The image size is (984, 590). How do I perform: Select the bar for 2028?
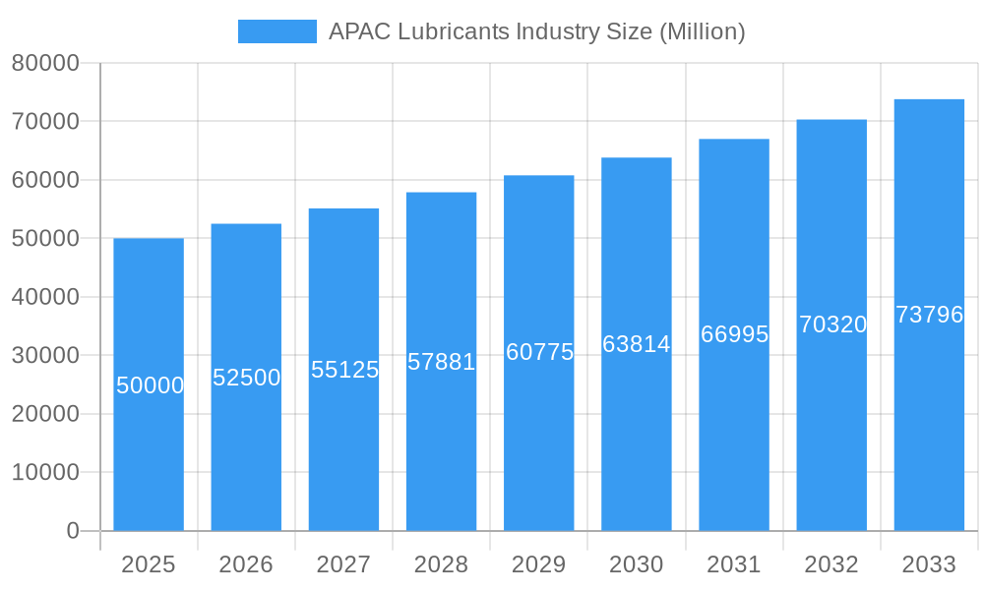pos(441,442)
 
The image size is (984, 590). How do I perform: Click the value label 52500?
pos(247,378)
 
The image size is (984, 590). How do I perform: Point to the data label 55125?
pos(344,370)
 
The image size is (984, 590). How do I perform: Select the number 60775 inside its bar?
pos(539,352)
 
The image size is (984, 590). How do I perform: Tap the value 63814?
pos(637,344)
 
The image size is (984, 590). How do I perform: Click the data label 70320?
pos(832,324)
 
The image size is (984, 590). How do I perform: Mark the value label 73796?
pos(929,315)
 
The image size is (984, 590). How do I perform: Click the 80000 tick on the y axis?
pos(45,63)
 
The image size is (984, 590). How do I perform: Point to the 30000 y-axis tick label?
pos(45,356)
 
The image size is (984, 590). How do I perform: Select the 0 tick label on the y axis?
pos(73,531)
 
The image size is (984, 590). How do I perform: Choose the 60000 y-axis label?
pos(45,180)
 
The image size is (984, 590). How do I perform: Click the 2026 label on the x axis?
pos(246,564)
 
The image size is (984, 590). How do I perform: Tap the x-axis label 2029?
pos(539,564)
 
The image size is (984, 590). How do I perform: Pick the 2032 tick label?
pos(831,564)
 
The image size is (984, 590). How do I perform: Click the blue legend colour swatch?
pos(277,31)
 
